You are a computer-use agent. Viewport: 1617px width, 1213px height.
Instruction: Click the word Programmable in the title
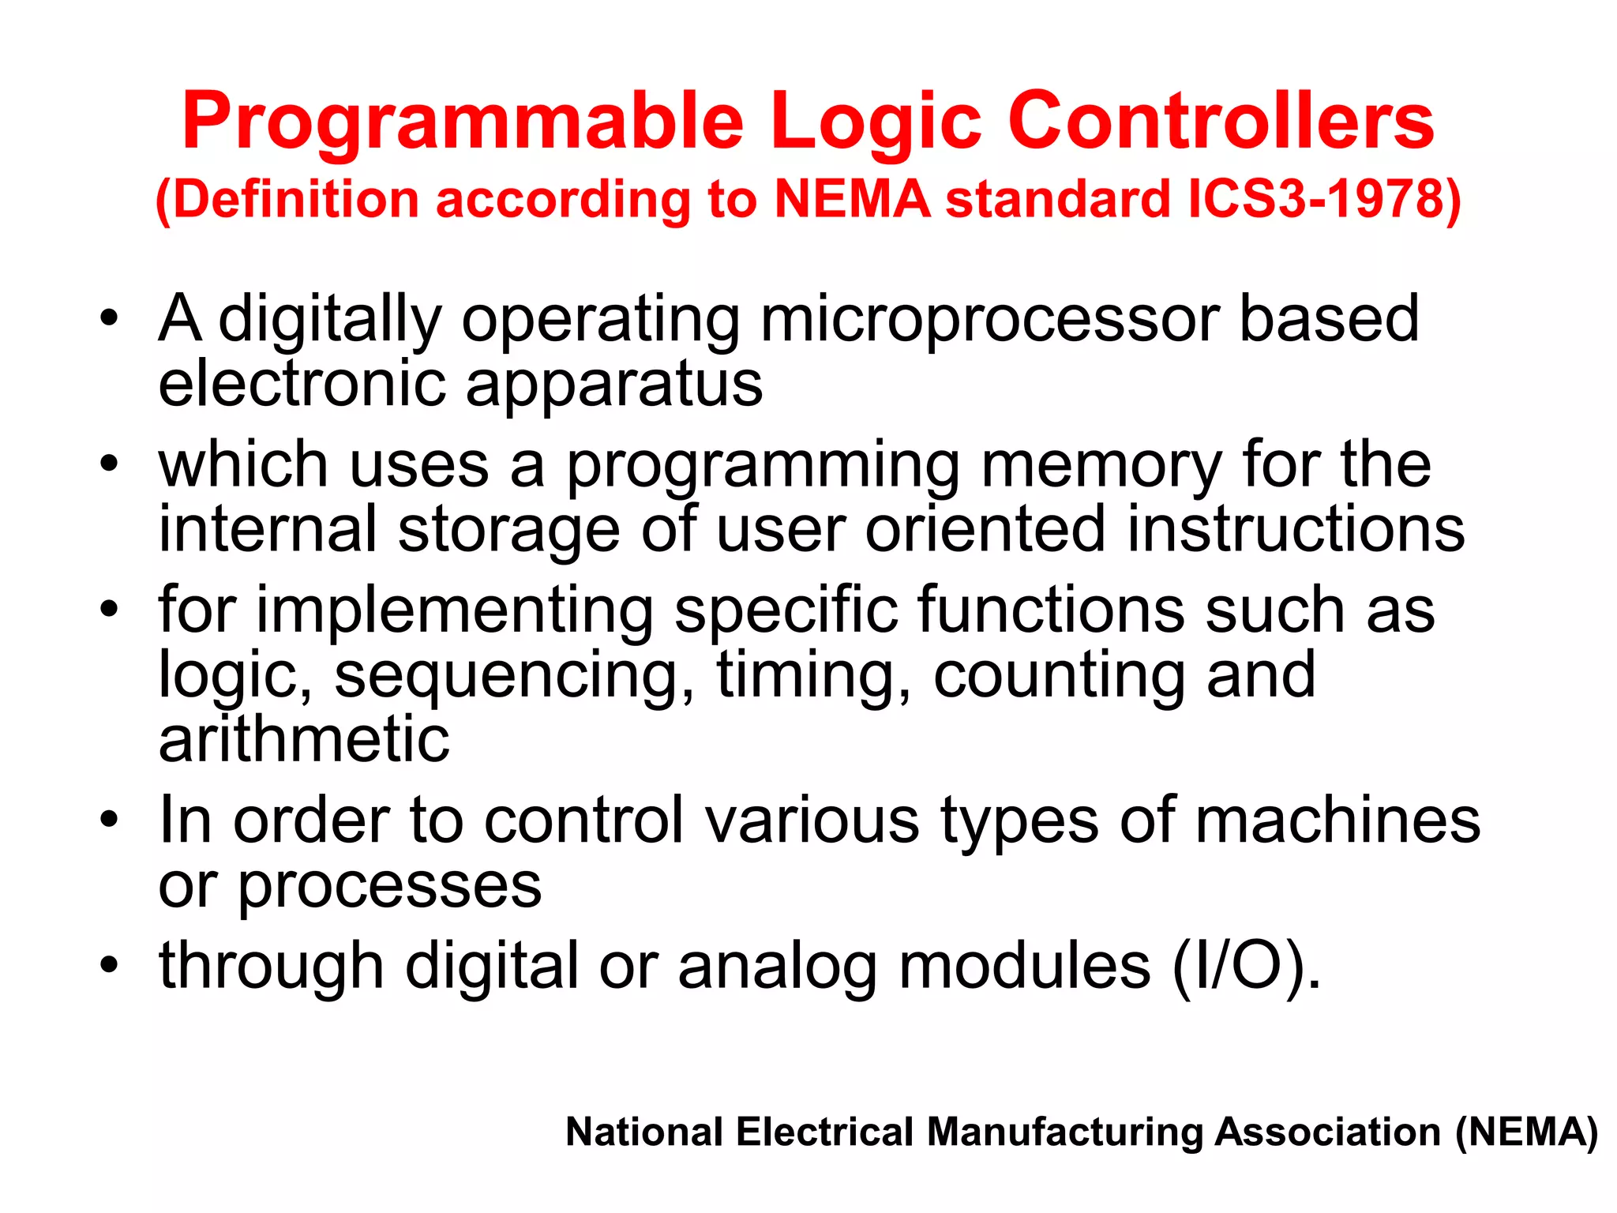pyautogui.click(x=463, y=122)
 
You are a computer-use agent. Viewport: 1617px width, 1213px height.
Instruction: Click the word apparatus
pyautogui.click(x=613, y=385)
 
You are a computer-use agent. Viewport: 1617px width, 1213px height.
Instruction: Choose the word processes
pyautogui.click(x=390, y=886)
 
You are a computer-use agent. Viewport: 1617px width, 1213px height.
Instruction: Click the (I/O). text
pyautogui.click(x=1246, y=967)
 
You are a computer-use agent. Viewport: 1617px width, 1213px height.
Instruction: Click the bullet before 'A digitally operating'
pyautogui.click(x=109, y=320)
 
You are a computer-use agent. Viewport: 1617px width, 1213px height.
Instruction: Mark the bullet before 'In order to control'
pyautogui.click(x=109, y=821)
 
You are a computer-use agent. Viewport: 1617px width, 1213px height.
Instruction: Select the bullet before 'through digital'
pyautogui.click(x=109, y=966)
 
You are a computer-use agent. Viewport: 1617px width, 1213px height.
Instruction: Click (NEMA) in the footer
pyautogui.click(x=1527, y=1132)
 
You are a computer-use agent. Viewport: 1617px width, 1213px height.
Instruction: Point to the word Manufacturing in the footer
pyautogui.click(x=1065, y=1132)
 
